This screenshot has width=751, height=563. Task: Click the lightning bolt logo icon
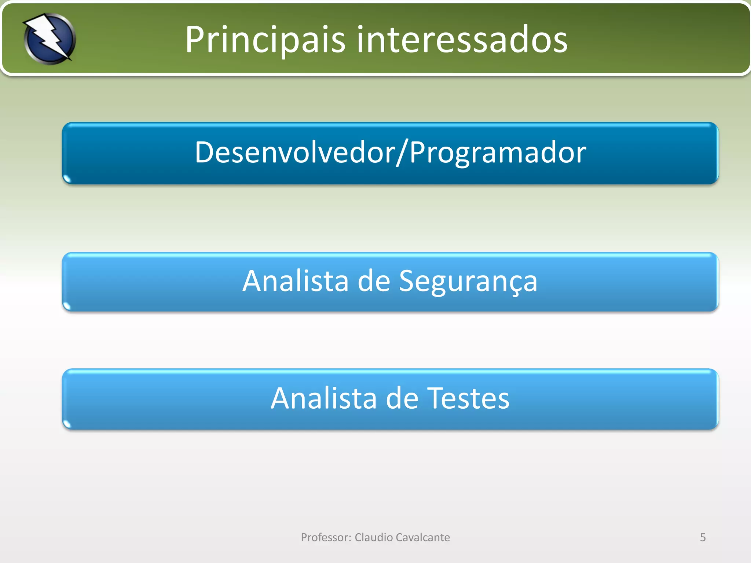coord(50,38)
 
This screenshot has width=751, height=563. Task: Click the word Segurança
coord(468,281)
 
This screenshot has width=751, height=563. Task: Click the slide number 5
coord(703,537)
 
